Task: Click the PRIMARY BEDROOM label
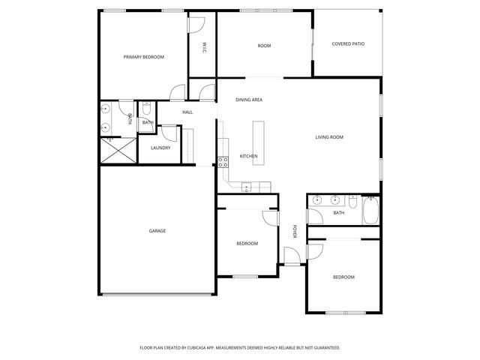pos(143,57)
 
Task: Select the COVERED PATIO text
pos(348,44)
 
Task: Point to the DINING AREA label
pos(249,100)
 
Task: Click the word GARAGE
pos(157,231)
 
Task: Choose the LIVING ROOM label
pos(328,137)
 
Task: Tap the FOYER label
pos(295,233)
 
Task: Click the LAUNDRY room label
pos(160,148)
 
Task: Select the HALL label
pos(187,112)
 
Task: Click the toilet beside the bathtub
pos(352,201)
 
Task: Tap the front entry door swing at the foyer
pos(292,255)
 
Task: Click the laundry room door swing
pos(170,133)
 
